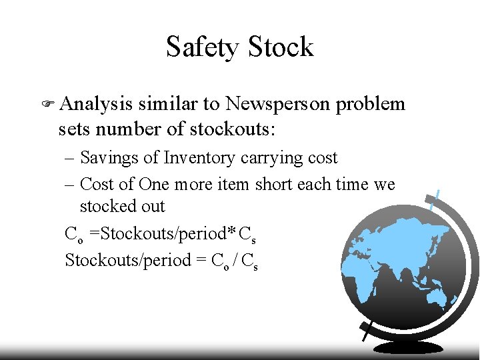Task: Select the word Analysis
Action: point(95,105)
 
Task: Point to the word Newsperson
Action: point(278,105)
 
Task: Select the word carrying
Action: point(269,159)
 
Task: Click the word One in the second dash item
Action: point(155,184)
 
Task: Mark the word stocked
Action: point(107,206)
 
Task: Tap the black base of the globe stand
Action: point(408,348)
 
